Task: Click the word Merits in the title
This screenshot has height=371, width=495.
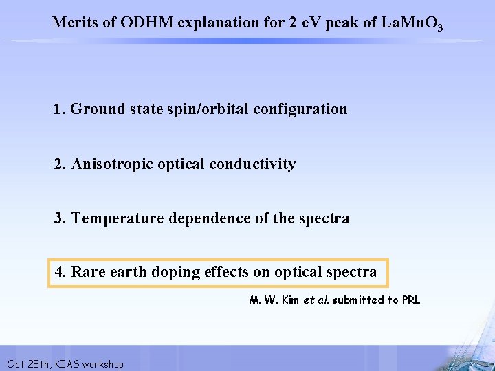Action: tap(75, 22)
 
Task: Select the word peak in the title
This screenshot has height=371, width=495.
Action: tap(341, 22)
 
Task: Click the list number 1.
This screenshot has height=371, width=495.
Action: tap(60, 109)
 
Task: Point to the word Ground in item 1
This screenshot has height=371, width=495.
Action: tap(96, 109)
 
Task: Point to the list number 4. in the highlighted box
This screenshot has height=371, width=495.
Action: tap(60, 272)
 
